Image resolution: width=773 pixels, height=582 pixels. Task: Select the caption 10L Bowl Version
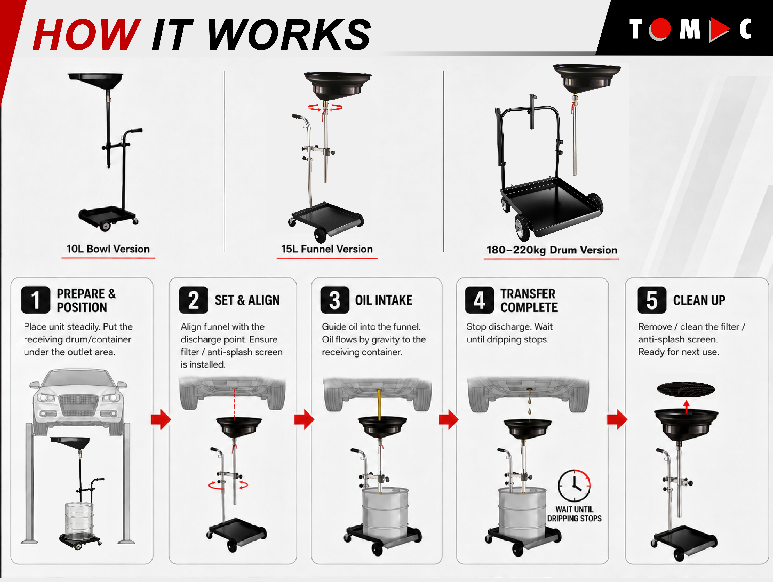tap(108, 249)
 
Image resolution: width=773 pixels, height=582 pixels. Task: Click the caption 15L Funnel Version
tap(327, 249)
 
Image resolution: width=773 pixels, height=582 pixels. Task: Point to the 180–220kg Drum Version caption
tap(552, 250)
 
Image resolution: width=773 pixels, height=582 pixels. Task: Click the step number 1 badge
tap(35, 300)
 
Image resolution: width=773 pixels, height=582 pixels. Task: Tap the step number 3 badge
tap(334, 300)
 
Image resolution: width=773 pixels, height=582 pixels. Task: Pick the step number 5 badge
tap(651, 300)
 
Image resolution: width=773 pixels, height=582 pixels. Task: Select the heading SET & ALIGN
tap(247, 300)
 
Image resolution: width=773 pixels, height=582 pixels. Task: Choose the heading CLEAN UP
tap(699, 300)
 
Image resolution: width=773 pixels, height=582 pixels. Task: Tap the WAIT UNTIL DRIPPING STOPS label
tap(574, 514)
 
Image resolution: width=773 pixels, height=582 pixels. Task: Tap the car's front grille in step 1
tap(78, 406)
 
